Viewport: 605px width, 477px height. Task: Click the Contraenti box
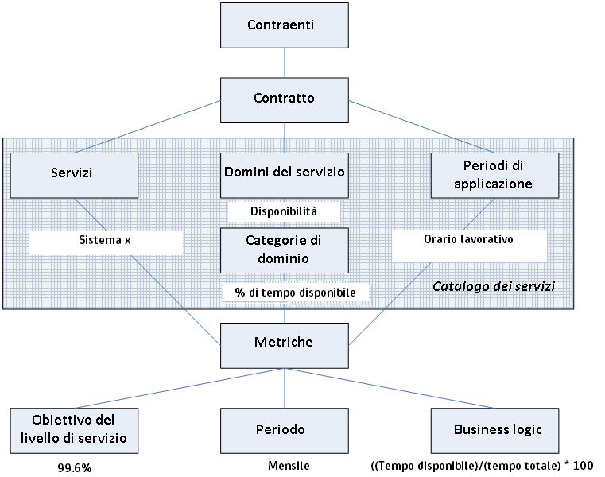pos(284,25)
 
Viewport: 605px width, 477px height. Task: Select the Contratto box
pos(284,99)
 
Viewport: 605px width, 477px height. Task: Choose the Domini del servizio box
pos(284,173)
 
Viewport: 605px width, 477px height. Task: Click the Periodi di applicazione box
pos(494,173)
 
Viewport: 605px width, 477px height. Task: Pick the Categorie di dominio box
pos(284,250)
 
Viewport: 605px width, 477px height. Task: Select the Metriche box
pos(284,343)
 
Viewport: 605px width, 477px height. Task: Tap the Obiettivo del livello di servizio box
pos(74,429)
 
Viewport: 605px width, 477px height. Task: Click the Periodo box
pos(284,429)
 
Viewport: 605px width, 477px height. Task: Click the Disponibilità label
pos(284,211)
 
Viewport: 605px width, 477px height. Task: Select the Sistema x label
pos(105,239)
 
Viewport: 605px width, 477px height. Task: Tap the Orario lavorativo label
pos(469,239)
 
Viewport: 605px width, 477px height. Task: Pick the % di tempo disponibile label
pos(295,293)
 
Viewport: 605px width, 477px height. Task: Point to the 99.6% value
pos(76,467)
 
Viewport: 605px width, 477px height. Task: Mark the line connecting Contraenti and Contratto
pos(284,62)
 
